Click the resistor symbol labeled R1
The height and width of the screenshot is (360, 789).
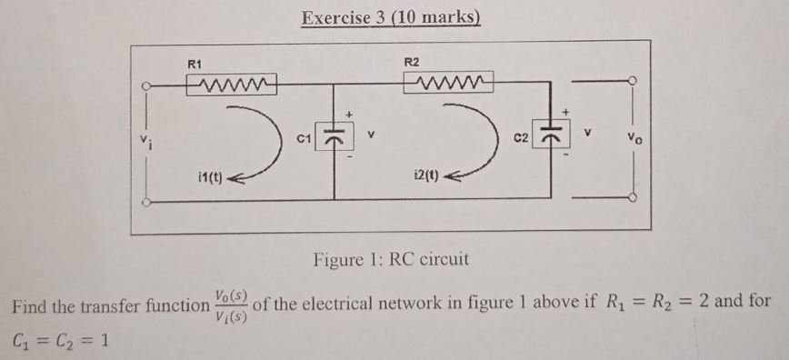[x=231, y=85]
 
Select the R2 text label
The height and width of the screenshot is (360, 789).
[x=411, y=62]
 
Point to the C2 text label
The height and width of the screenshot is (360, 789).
[x=522, y=138]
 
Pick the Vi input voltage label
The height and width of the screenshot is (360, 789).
[x=144, y=139]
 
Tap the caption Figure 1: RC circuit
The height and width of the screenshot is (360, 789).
[x=391, y=259]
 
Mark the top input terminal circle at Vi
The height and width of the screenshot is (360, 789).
[x=145, y=87]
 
